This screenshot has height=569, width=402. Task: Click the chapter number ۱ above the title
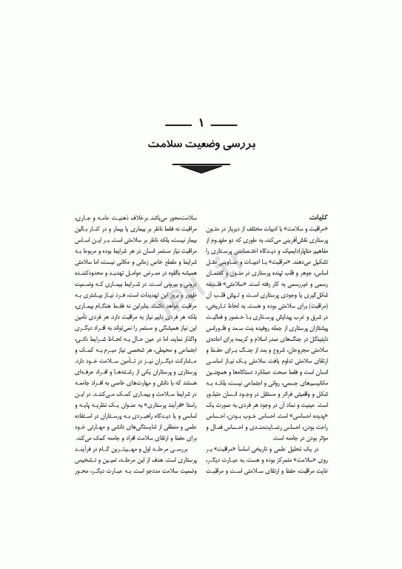[x=201, y=121]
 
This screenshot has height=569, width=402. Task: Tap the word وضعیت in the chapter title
[x=192, y=140]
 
